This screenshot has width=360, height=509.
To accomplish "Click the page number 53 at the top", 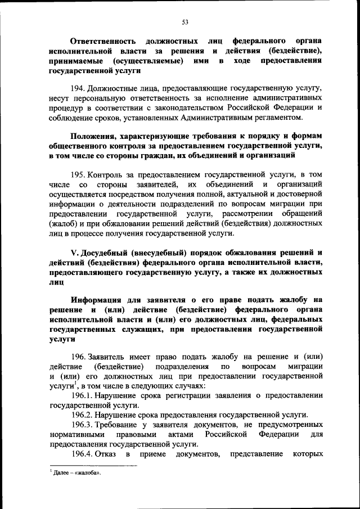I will coord(184,22).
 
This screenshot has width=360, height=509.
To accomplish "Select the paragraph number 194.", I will coord(78,89).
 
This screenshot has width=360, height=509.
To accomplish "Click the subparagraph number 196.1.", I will coord(82,396).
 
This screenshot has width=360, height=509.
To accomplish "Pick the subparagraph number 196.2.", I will coord(82,415).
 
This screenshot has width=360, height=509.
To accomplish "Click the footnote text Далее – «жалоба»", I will coord(78,473).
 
